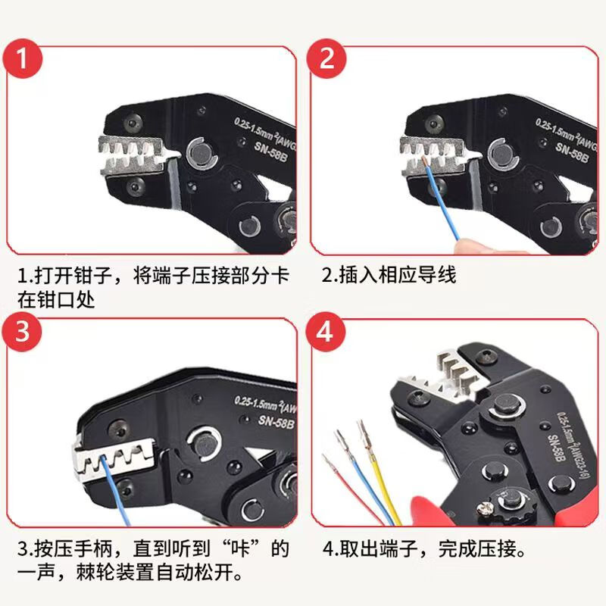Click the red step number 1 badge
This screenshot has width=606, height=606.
pyautogui.click(x=23, y=58)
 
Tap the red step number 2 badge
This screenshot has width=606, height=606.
pyautogui.click(x=326, y=58)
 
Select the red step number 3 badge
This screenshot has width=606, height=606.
pyautogui.click(x=22, y=332)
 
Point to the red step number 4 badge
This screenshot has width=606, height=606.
pyautogui.click(x=325, y=332)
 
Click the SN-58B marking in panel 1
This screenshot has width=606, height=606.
pyautogui.click(x=270, y=152)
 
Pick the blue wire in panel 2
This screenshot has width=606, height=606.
pyautogui.click(x=442, y=199)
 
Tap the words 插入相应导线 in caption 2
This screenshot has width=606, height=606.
pyautogui.click(x=398, y=274)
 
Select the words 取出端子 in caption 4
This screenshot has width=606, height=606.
pyautogui.click(x=379, y=548)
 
